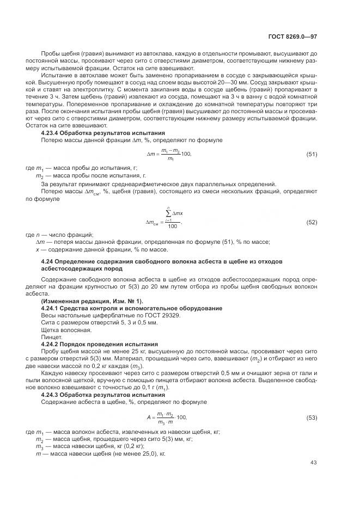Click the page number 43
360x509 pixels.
click(313, 463)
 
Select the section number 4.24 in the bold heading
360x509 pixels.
click(48, 262)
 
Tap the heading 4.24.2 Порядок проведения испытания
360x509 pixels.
click(100, 344)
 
